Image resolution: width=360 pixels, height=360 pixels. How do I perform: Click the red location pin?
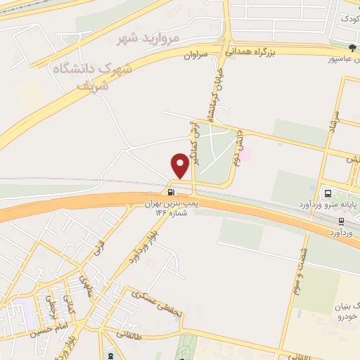(x=180, y=166)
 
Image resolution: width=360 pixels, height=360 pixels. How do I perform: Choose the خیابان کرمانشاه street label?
(x=210, y=95)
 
